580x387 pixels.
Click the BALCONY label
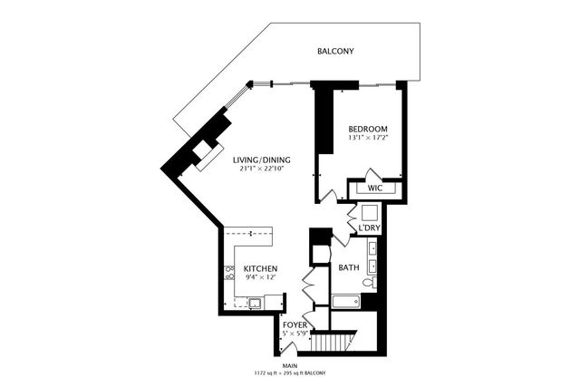point(335,52)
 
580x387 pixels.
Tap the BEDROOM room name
point(368,130)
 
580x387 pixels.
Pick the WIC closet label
point(375,189)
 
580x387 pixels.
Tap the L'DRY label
point(368,227)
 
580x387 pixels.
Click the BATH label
point(349,268)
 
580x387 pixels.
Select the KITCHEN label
point(259,269)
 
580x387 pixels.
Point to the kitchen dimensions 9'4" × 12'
point(259,279)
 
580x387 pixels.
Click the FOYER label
point(294,324)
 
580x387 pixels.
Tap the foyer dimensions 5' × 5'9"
point(294,334)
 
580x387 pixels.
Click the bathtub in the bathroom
point(347,301)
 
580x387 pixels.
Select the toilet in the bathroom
point(368,284)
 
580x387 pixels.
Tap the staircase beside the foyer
point(341,343)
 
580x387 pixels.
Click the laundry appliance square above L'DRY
point(369,214)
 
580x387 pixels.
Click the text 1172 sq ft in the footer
point(269,372)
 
